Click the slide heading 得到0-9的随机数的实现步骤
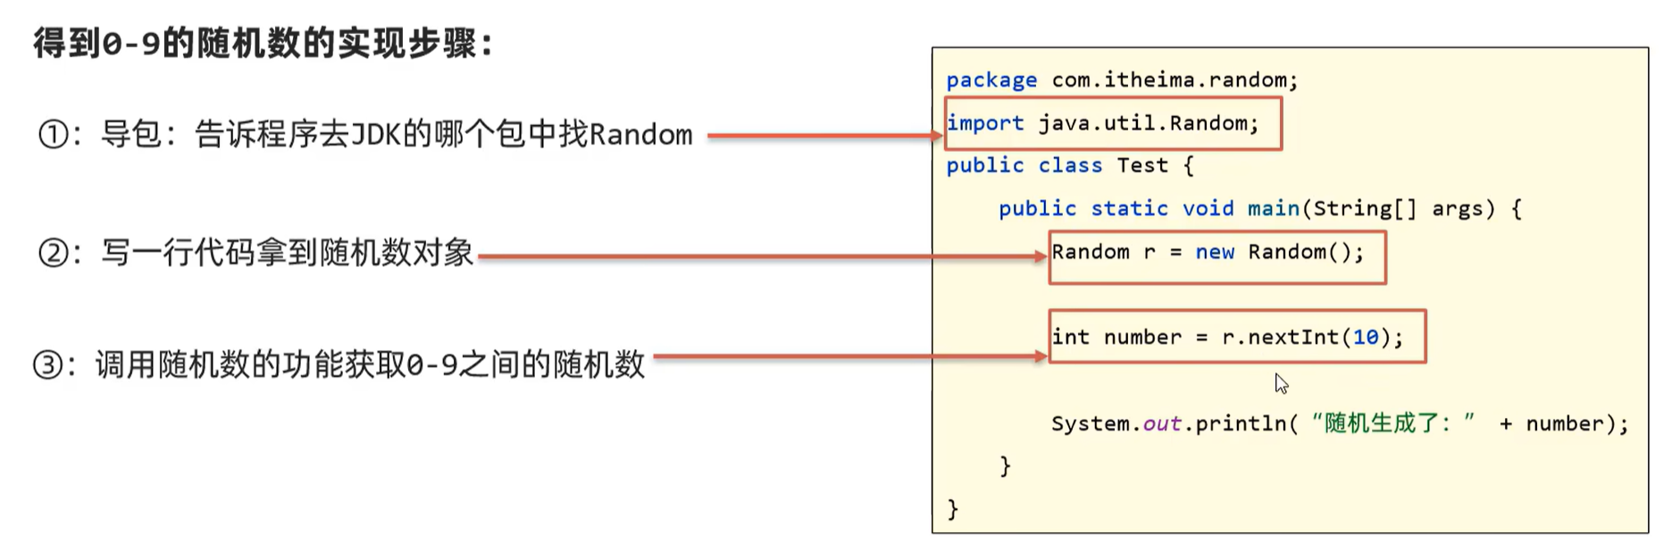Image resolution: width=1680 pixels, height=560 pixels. click(263, 43)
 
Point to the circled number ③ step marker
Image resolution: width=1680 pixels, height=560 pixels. click(48, 365)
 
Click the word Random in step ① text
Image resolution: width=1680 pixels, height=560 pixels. click(640, 135)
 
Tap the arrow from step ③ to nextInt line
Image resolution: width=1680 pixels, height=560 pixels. click(848, 356)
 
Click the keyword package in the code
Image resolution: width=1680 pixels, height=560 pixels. click(991, 80)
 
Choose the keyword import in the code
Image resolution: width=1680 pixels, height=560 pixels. click(985, 123)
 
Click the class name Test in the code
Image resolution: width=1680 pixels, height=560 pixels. click(1141, 165)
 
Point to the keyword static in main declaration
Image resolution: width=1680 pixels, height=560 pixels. click(1129, 209)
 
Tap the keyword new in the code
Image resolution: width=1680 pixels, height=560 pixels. click(1215, 253)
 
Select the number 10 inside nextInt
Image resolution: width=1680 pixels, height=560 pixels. click(1366, 338)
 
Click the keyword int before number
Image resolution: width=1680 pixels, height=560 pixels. click(1070, 338)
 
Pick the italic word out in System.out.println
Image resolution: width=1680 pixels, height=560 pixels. click(1162, 424)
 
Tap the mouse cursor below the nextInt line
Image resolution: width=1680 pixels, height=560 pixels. click(1281, 383)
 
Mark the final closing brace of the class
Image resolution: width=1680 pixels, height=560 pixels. click(952, 509)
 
